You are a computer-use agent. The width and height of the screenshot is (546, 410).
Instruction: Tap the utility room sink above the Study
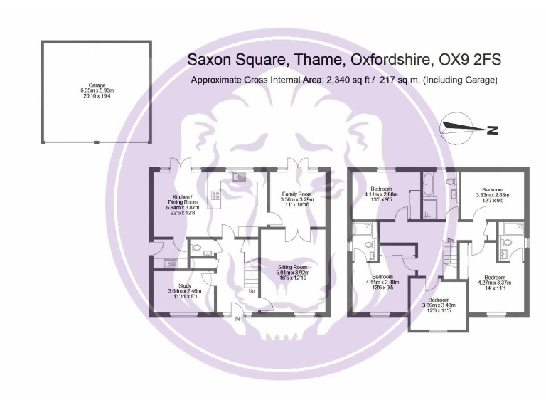(169, 263)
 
